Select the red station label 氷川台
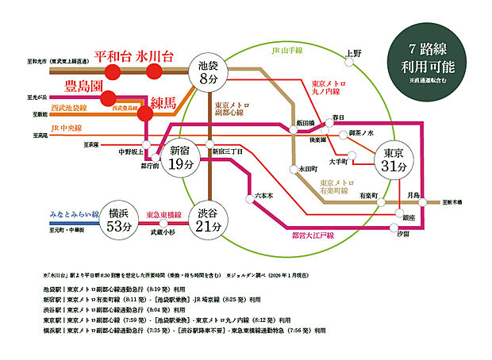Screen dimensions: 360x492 pyautogui.click(x=155, y=57)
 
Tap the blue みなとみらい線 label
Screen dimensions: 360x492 pyautogui.click(x=72, y=214)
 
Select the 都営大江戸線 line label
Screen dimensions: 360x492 pyautogui.click(x=313, y=236)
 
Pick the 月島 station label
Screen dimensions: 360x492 pyautogui.click(x=413, y=195)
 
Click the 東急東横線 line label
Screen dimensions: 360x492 pyautogui.click(x=161, y=214)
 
